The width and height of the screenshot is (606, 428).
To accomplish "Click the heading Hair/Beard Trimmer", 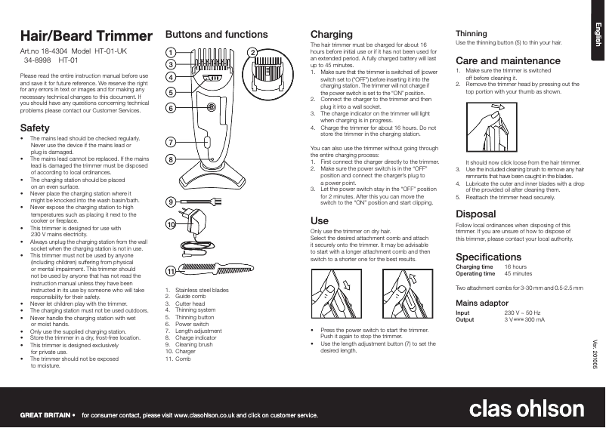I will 77,35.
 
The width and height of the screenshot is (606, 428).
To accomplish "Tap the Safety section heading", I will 35,128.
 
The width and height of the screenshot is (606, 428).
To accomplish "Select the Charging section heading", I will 332,35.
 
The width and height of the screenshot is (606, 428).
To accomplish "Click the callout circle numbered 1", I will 171,52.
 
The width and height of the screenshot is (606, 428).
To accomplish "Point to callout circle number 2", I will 252,52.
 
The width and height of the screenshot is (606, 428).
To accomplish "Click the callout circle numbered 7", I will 171,142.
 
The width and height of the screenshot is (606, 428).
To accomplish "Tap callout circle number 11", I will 171,270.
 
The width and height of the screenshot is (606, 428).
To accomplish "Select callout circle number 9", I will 171,202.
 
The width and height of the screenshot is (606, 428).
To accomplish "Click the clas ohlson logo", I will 527,408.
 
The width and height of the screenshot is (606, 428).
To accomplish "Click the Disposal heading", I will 477,214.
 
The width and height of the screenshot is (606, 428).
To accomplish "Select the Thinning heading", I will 472,34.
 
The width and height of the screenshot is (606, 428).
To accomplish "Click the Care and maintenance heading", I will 508,60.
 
